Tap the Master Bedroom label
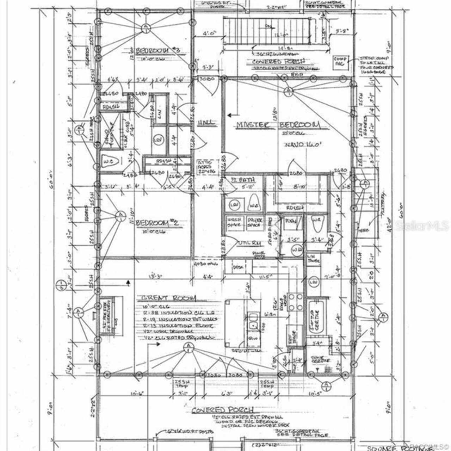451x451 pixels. [x=278, y=125]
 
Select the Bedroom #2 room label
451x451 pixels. [x=157, y=223]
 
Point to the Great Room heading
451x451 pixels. [x=168, y=298]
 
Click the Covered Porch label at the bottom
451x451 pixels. [x=222, y=410]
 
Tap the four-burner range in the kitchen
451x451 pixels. [x=296, y=302]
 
